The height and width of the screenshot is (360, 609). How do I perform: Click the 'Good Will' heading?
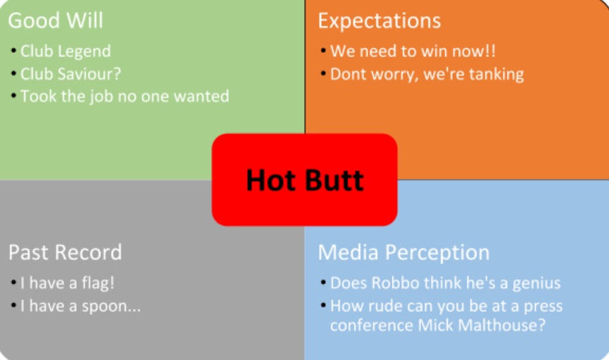pos(56,20)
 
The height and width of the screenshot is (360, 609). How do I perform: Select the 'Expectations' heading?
pos(379,21)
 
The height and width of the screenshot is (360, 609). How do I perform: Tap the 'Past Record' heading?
pos(65,252)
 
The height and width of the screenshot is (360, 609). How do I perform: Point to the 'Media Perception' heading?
pos(403,253)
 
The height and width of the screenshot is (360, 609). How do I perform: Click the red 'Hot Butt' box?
pos(304,180)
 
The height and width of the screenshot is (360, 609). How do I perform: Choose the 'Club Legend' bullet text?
pos(65,51)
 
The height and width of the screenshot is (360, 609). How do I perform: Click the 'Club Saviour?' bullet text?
pos(70,74)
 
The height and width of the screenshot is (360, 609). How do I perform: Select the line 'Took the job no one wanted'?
pos(125,97)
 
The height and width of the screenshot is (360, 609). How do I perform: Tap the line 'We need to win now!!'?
pos(413,51)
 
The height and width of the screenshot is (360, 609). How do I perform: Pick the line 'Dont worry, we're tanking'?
pos(427,74)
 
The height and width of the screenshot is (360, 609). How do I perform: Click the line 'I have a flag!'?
pos(68,283)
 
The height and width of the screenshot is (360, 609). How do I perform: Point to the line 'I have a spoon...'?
pos(80,306)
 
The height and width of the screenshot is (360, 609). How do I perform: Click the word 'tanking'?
pos(496,74)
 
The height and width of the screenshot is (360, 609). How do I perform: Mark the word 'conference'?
pos(371,325)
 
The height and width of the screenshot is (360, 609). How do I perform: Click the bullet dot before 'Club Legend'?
pos(13,51)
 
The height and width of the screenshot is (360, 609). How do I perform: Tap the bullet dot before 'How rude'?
pos(323,305)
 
